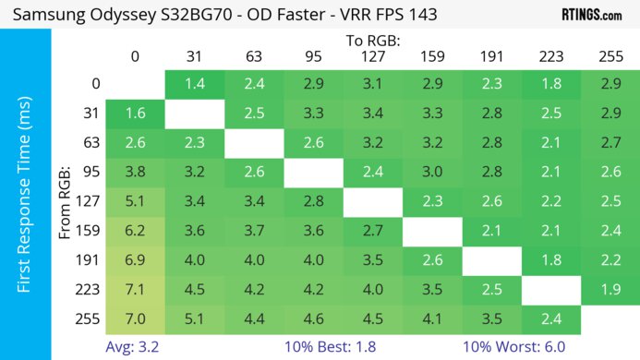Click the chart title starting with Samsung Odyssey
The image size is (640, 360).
(226, 15)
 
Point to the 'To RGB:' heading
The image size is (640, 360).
(372, 41)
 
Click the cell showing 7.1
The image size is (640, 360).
(135, 290)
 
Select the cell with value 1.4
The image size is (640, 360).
(194, 84)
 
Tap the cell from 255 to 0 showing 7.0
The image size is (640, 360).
(135, 319)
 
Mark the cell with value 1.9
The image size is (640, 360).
(610, 290)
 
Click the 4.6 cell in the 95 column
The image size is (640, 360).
(313, 319)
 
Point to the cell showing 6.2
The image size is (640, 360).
(135, 231)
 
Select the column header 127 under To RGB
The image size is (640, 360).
(372, 56)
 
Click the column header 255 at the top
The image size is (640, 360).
(610, 56)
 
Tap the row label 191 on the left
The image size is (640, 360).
(91, 260)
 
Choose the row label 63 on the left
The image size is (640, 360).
(91, 142)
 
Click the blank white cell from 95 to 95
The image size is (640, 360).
(313, 172)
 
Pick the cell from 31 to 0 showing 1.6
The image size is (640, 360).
(135, 114)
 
